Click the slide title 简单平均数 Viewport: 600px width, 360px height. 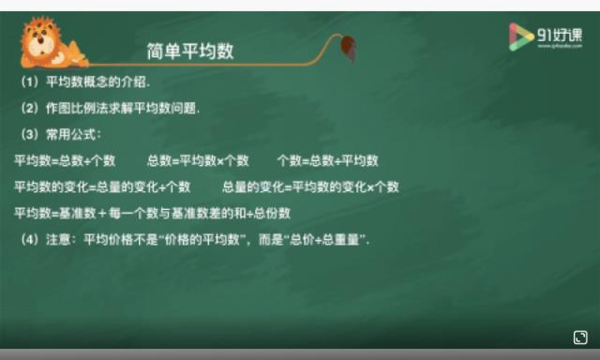tap(190, 51)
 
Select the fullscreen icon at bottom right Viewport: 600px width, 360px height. tap(580, 337)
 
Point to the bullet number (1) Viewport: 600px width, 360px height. tap(29, 82)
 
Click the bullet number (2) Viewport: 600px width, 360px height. tap(29, 108)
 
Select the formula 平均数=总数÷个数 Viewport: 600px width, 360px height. tap(65, 160)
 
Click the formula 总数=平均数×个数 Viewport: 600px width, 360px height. tap(198, 160)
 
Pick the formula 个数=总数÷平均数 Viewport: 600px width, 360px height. tap(327, 160)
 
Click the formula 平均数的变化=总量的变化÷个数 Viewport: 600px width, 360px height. tap(102, 187)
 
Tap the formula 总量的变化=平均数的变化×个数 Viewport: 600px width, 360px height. tap(310, 187)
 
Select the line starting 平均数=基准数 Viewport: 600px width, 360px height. tap(152, 213)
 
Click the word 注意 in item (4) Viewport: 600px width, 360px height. tap(57, 240)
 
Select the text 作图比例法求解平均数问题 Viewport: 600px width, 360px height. tap(123, 108)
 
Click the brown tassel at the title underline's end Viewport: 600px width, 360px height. tap(349, 46)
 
